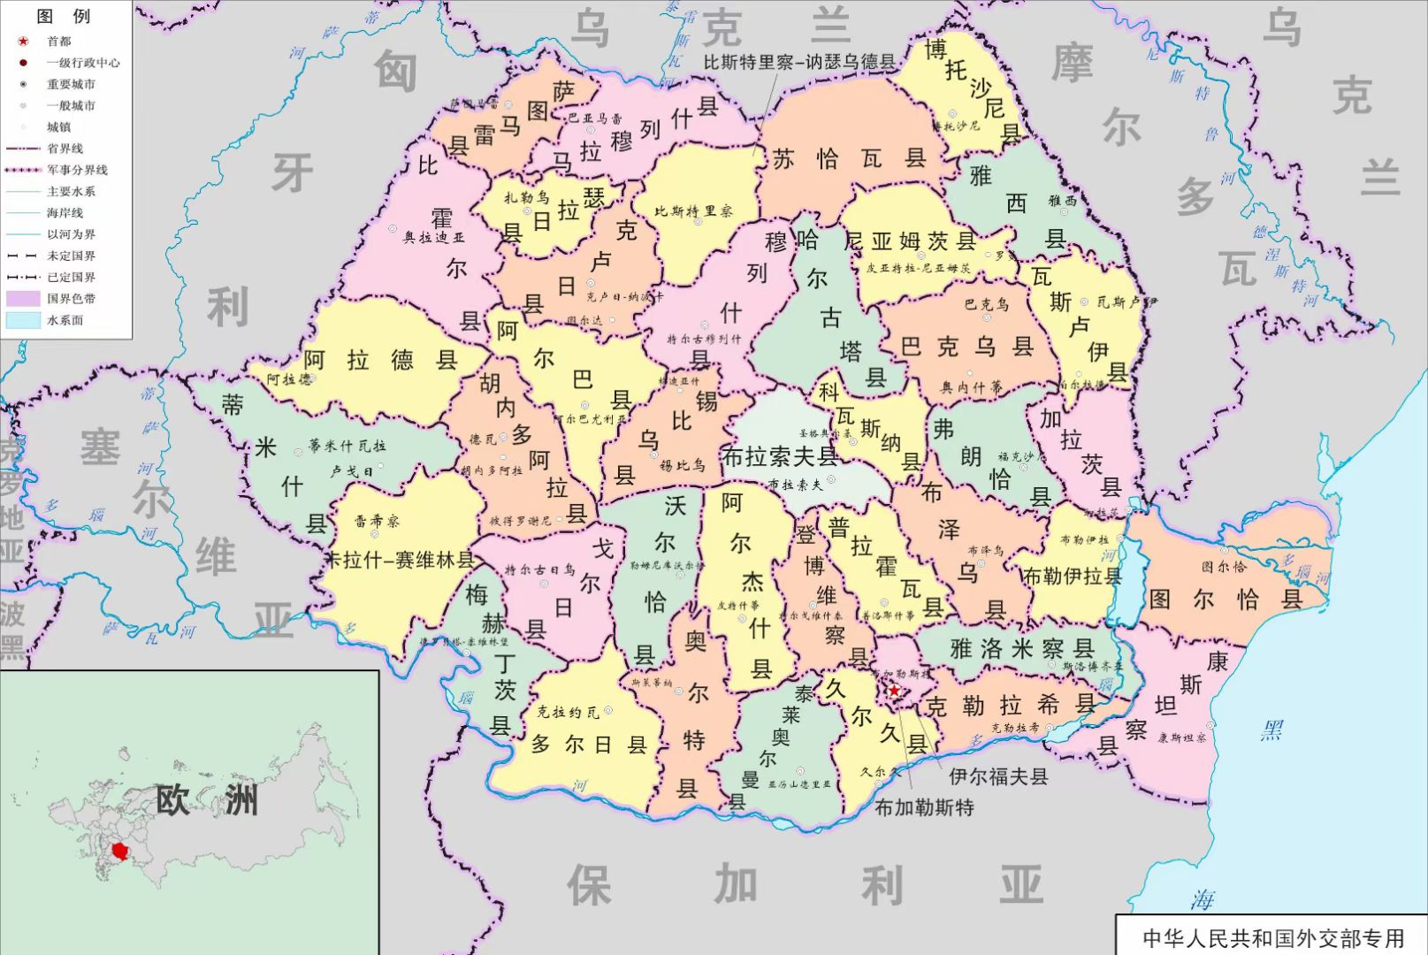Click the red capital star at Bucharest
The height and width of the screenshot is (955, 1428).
tap(894, 690)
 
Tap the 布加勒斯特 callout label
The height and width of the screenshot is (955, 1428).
tap(924, 806)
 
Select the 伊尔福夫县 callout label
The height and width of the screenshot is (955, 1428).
tap(998, 776)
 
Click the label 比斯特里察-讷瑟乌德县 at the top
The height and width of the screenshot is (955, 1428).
tap(799, 62)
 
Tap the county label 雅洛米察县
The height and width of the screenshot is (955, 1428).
tap(1022, 648)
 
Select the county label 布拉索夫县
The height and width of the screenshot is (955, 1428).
tap(780, 456)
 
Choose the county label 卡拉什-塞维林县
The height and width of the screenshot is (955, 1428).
tap(401, 560)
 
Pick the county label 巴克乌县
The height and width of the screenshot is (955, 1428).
tap(967, 347)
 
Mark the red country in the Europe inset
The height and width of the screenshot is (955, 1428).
tap(119, 852)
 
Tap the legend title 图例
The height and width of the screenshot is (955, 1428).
tap(64, 16)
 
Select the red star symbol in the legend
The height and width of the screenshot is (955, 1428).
tap(24, 41)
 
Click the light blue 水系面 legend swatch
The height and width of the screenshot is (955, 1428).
tap(24, 320)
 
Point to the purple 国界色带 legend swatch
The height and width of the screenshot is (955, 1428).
tap(24, 299)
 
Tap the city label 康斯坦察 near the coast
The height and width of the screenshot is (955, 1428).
tap(1181, 737)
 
